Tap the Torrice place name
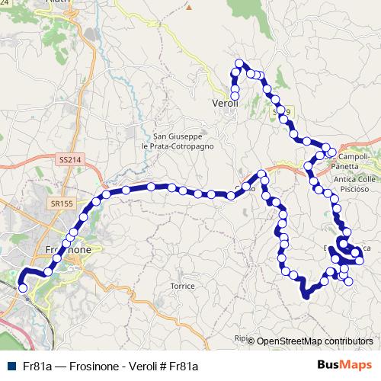tap(183, 286)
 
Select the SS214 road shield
tap(69, 160)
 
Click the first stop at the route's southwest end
tap(22, 287)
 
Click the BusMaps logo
tap(346, 366)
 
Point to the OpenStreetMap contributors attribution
tap(315, 341)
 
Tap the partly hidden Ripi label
tap(242, 338)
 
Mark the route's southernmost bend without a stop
tap(306, 296)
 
